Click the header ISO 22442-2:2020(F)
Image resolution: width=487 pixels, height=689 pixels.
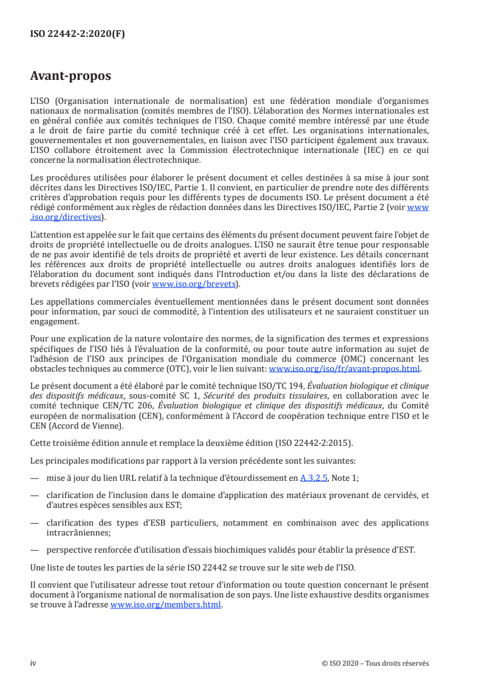(x=77, y=34)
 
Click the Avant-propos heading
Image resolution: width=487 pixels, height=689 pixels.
(x=71, y=77)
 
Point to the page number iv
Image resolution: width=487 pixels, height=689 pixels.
(x=34, y=663)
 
